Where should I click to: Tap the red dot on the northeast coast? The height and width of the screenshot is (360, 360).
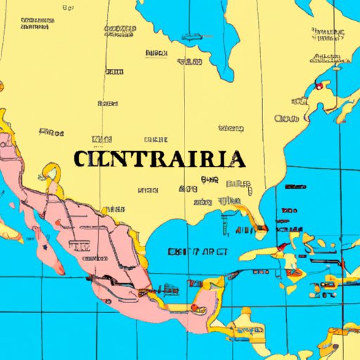(319, 86)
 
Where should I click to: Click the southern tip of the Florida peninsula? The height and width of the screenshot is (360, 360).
(262, 229)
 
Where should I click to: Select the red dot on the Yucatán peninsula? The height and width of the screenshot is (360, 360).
(191, 307)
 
